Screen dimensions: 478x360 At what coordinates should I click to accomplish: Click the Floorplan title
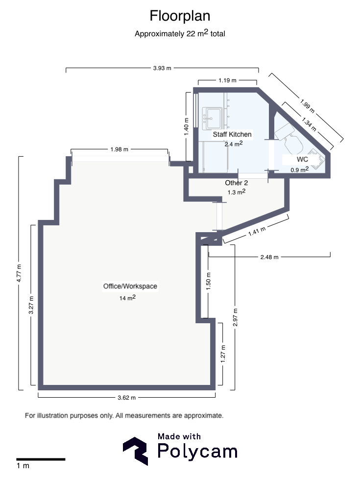click(180, 16)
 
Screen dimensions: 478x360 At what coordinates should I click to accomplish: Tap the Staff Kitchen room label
click(232, 134)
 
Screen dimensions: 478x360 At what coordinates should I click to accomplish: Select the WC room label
click(302, 160)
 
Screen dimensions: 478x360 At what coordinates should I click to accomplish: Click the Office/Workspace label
click(130, 286)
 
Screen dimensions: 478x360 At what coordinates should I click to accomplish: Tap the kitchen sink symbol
click(213, 116)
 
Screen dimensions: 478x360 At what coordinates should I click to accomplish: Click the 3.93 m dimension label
click(162, 69)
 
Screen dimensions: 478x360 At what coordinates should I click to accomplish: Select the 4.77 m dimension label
click(19, 273)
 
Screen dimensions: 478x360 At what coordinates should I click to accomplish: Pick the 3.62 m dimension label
click(126, 397)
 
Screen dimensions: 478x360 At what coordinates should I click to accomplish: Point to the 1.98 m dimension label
click(119, 149)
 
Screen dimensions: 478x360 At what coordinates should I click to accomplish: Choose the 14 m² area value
click(127, 297)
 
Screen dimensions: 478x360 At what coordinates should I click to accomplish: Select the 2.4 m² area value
click(234, 144)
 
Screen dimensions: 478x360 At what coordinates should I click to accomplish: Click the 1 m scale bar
click(41, 459)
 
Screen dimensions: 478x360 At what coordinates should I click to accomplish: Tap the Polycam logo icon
click(136, 451)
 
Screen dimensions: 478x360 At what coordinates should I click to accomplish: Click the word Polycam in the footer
click(197, 452)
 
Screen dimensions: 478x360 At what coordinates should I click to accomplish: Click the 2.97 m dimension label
click(236, 317)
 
